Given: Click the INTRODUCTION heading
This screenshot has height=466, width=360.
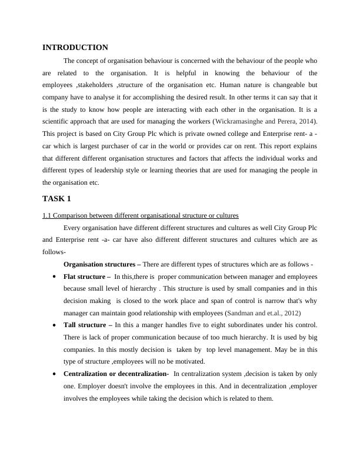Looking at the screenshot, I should point(75,47).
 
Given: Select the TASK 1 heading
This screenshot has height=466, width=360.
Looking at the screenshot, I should point(56,198).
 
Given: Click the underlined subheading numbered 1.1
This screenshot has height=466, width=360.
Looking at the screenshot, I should point(140,215).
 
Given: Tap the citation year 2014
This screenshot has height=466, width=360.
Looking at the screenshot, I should point(306,121).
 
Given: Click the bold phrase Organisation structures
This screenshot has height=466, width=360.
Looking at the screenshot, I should point(99,264).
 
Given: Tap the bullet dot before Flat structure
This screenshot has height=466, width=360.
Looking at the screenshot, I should point(54,276).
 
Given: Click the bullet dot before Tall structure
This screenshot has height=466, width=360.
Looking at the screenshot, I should point(54,325).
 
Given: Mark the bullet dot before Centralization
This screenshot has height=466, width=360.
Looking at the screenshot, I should point(54,374).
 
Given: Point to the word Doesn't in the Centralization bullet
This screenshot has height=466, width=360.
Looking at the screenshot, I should point(122,386).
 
